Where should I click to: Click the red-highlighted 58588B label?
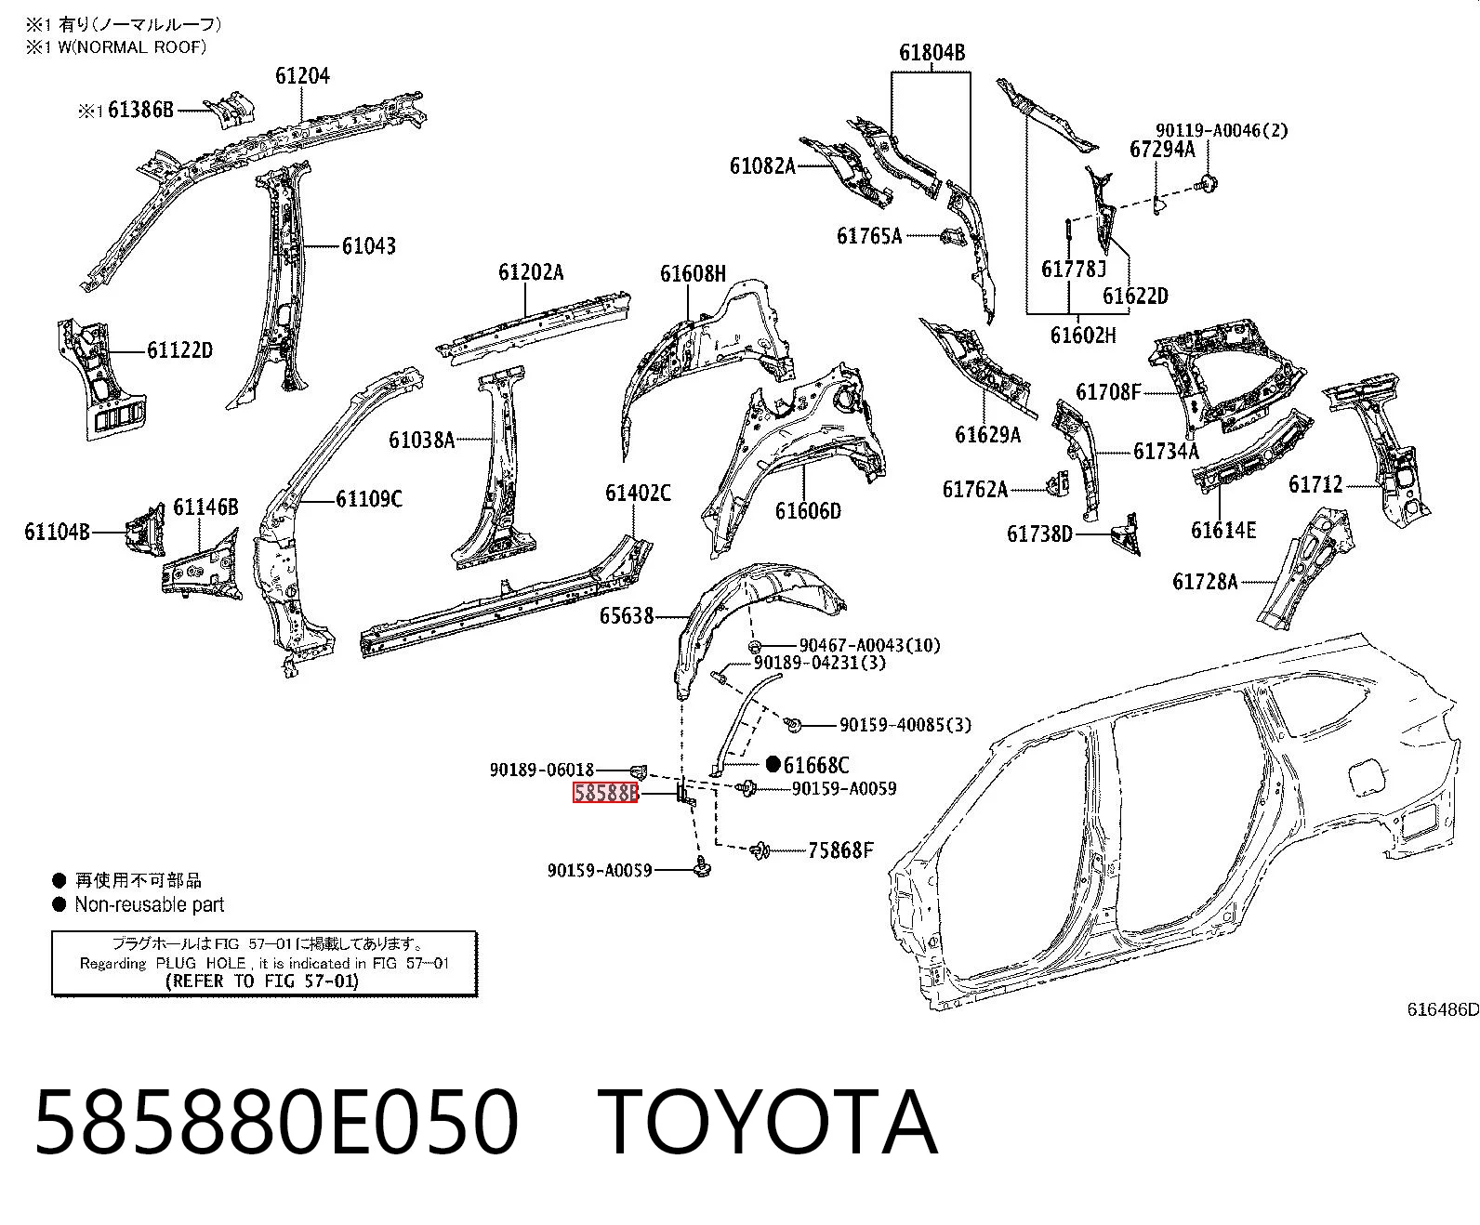tap(606, 793)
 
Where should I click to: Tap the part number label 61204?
tap(303, 76)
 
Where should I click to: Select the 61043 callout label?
tap(368, 246)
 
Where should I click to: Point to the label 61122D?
tap(180, 350)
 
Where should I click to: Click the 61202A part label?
tap(531, 272)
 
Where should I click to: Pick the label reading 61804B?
tap(932, 52)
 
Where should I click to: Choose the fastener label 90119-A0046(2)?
tap(1222, 130)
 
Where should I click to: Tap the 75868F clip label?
tap(840, 850)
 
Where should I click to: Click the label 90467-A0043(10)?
tap(870, 645)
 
